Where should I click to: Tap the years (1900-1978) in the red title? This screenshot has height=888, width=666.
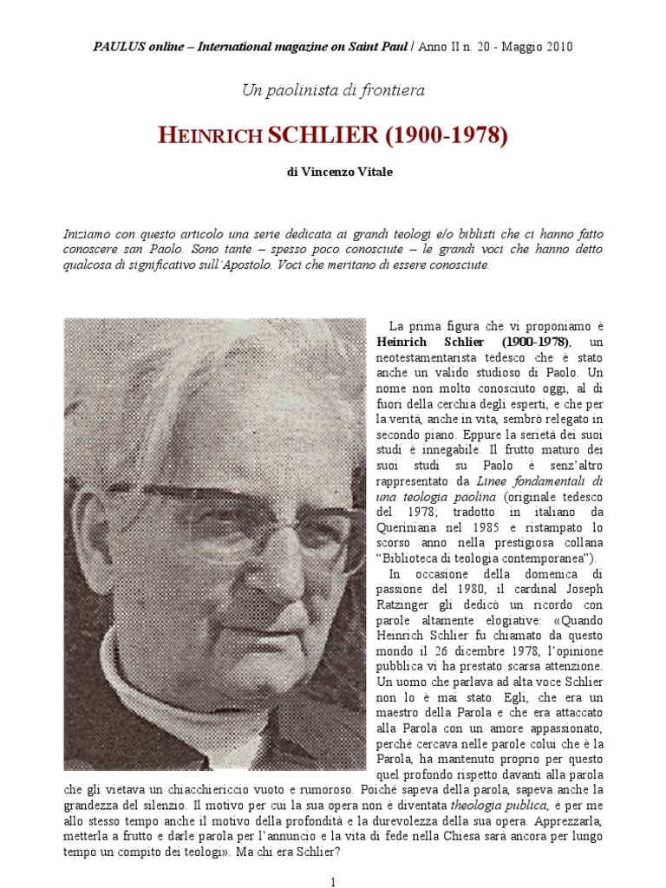tap(446, 135)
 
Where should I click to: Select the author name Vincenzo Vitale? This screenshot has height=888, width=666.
tap(341, 173)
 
